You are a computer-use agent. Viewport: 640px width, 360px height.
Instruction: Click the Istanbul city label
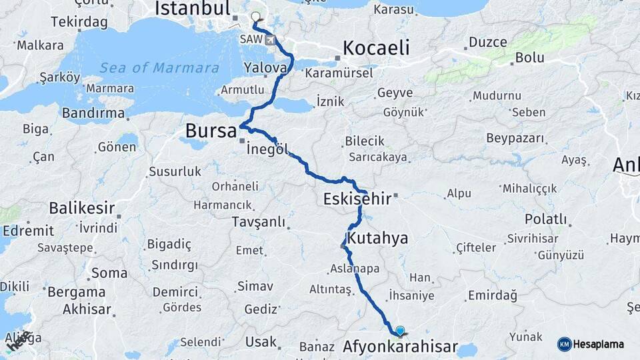(x=192, y=9)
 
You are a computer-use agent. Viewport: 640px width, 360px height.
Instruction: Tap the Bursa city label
(x=211, y=131)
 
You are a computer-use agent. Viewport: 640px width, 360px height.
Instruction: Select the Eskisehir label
(x=357, y=199)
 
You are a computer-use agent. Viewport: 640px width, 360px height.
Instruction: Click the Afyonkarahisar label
(x=400, y=347)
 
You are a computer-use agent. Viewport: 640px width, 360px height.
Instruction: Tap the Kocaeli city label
(x=376, y=48)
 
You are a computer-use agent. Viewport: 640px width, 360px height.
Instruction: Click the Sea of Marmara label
(x=159, y=68)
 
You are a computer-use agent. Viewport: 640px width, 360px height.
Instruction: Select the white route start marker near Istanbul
(x=255, y=17)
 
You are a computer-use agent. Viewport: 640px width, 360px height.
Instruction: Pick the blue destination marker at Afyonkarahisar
(x=400, y=330)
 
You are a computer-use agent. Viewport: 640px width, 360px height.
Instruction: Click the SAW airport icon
(x=270, y=40)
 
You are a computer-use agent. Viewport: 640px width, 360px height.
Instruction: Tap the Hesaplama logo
(x=591, y=344)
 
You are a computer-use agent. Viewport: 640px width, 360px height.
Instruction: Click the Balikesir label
(x=81, y=207)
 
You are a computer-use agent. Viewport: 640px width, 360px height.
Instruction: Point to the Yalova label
(x=265, y=67)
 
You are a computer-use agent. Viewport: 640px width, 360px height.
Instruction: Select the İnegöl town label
(x=267, y=150)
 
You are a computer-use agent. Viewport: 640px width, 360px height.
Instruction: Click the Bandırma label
(x=93, y=113)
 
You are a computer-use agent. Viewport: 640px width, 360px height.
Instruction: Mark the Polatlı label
(x=546, y=219)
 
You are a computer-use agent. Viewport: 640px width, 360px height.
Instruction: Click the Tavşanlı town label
(x=258, y=221)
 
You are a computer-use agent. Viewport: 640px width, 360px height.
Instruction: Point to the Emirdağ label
(x=493, y=295)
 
